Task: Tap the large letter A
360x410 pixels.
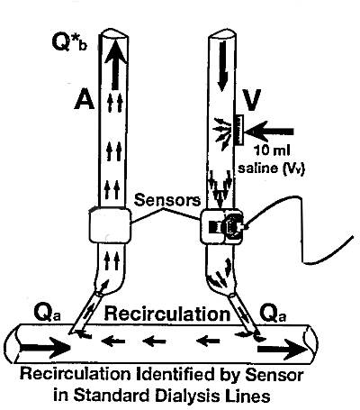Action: click(x=84, y=98)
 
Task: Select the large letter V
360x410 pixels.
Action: click(x=251, y=100)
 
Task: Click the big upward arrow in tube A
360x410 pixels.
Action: click(x=115, y=65)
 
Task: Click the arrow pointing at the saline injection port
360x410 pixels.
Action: click(x=270, y=132)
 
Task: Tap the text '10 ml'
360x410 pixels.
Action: click(x=272, y=150)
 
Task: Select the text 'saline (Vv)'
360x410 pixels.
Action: click(x=271, y=168)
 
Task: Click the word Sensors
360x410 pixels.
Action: click(x=167, y=200)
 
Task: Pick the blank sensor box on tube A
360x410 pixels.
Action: click(x=110, y=225)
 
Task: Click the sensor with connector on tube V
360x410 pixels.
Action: click(x=222, y=226)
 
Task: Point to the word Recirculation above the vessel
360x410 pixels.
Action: click(x=166, y=314)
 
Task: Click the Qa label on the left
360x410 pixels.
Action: click(x=48, y=314)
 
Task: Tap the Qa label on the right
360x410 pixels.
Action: click(x=273, y=314)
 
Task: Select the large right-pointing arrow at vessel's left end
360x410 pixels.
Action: click(x=46, y=348)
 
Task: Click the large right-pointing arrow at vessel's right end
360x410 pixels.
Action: click(x=283, y=350)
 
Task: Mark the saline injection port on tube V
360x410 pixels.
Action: click(x=239, y=130)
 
